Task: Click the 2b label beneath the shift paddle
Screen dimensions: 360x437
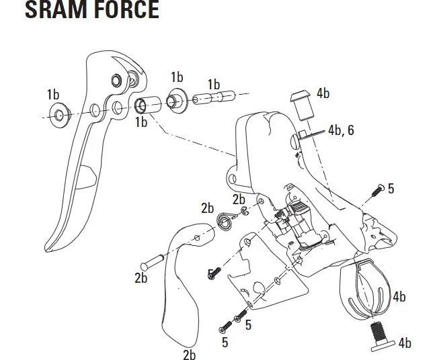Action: pos(190,354)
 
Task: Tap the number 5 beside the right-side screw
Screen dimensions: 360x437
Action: pos(391,189)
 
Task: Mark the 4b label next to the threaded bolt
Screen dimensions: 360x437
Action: pos(404,343)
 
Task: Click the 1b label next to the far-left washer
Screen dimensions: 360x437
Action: pos(54,93)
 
